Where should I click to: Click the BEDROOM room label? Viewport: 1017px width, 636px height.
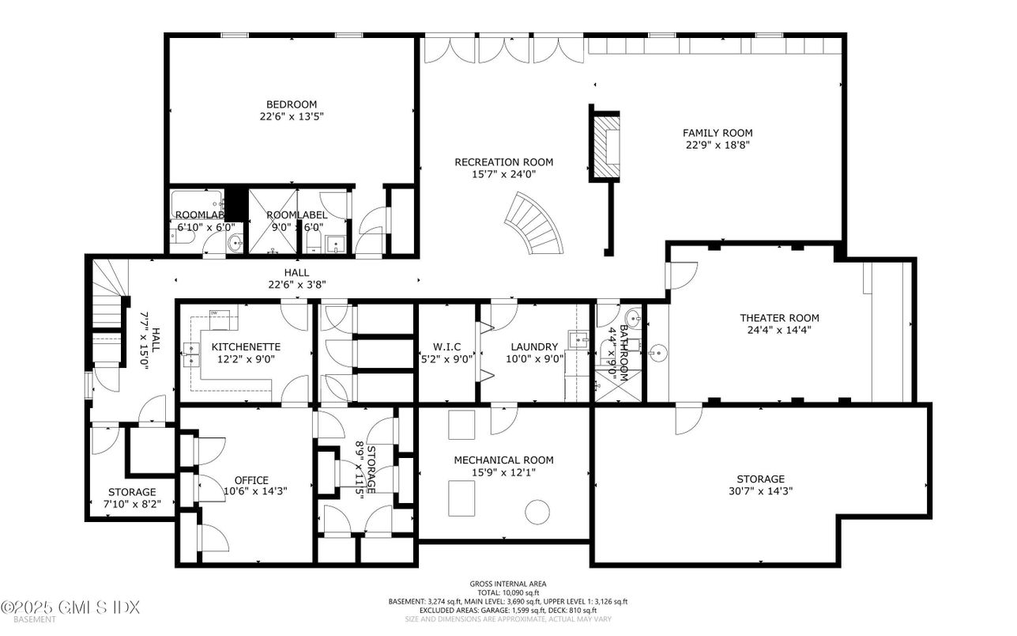pyautogui.click(x=292, y=104)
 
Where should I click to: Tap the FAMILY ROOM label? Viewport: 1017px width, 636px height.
pyautogui.click(x=718, y=133)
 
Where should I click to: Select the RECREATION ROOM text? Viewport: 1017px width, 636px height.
pyautogui.click(x=503, y=162)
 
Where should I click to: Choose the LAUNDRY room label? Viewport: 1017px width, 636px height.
pyautogui.click(x=534, y=346)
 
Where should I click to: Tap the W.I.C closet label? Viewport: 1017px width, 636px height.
pyautogui.click(x=446, y=346)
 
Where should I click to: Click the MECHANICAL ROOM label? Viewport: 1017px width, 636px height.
pyautogui.click(x=503, y=460)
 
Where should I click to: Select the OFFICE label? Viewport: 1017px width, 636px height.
pyautogui.click(x=251, y=480)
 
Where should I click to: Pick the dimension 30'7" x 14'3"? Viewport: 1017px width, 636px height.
pyautogui.click(x=761, y=490)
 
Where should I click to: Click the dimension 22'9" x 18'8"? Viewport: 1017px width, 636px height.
pyautogui.click(x=718, y=145)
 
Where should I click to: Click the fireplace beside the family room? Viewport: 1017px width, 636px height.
pyautogui.click(x=607, y=145)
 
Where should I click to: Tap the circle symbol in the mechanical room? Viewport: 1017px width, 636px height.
pyautogui.click(x=537, y=512)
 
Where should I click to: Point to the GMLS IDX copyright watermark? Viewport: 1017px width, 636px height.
pyautogui.click(x=70, y=608)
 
